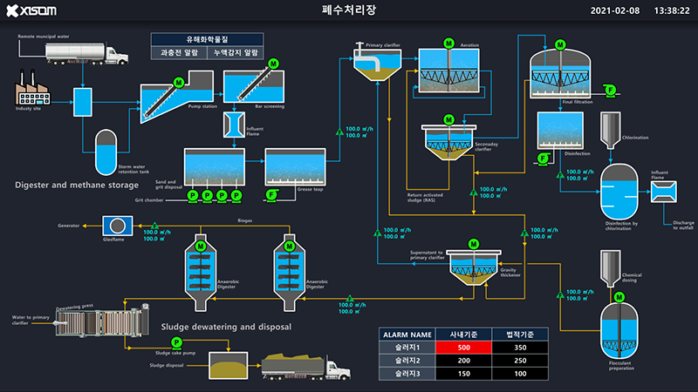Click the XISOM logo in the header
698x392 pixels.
pos(31,10)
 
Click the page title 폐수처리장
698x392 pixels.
pos(348,10)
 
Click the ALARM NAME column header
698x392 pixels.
pos(407,334)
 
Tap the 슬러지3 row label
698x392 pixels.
pos(407,373)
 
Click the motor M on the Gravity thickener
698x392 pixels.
pos(473,244)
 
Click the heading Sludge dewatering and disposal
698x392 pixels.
pos(226,327)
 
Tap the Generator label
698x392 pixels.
pos(70,226)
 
